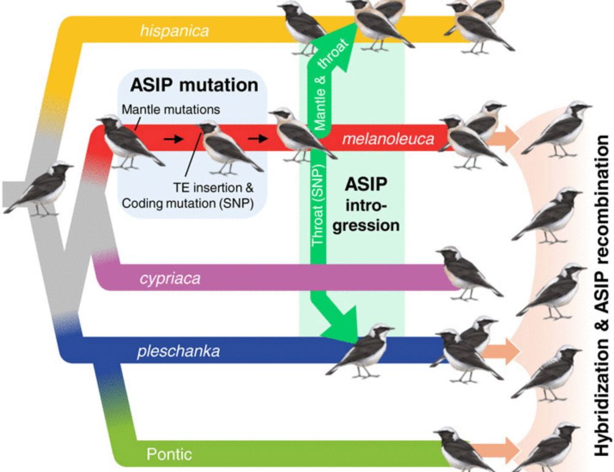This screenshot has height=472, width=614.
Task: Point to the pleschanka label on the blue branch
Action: (x=176, y=352)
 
